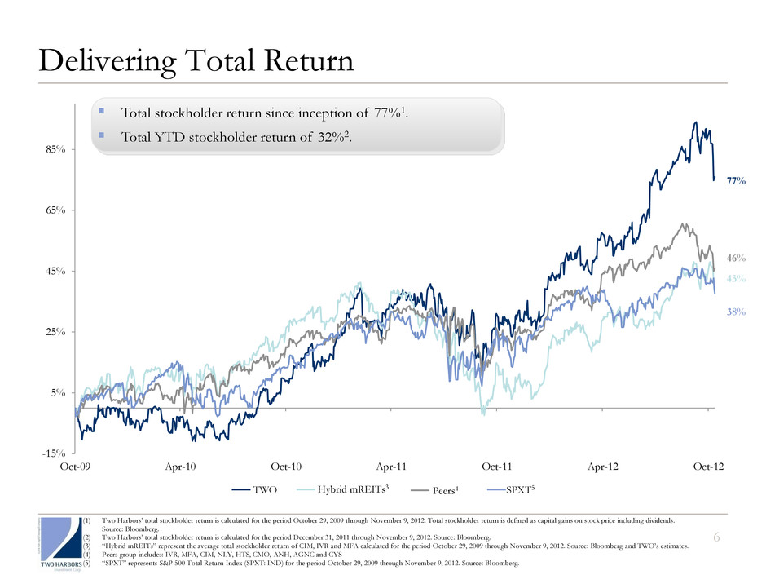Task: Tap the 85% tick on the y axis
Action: click(55, 149)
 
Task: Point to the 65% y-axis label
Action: click(55, 210)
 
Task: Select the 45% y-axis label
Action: click(55, 271)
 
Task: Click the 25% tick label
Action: click(55, 332)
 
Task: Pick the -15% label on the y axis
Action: click(54, 453)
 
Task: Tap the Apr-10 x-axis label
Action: click(180, 467)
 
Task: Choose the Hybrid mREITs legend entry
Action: click(346, 491)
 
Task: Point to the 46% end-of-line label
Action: click(736, 259)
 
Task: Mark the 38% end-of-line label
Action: click(736, 312)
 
